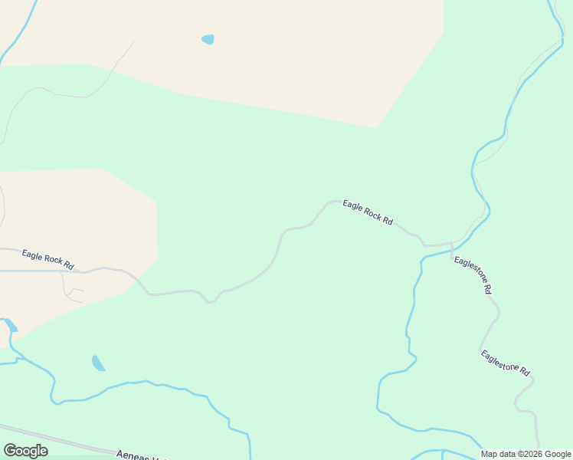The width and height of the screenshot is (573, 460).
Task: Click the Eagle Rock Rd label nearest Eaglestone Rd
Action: click(368, 212)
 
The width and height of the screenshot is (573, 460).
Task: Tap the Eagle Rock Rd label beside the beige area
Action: click(47, 259)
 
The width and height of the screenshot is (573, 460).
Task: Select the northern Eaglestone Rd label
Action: click(472, 275)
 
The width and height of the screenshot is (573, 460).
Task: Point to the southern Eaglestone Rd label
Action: click(505, 362)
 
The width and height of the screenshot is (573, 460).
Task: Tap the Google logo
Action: click(25, 451)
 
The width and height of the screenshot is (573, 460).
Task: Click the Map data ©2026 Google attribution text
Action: click(526, 454)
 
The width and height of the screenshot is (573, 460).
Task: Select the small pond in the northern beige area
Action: click(208, 39)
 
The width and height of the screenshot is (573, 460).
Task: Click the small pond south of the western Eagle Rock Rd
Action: click(98, 363)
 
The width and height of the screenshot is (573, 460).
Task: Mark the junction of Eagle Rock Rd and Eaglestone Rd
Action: click(451, 245)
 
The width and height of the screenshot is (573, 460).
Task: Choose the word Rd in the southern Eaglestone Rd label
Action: click(524, 371)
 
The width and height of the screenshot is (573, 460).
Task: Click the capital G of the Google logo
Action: click(10, 451)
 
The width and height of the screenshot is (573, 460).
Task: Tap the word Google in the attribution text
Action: click(557, 454)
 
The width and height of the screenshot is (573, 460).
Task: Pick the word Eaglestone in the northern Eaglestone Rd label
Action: click(468, 271)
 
